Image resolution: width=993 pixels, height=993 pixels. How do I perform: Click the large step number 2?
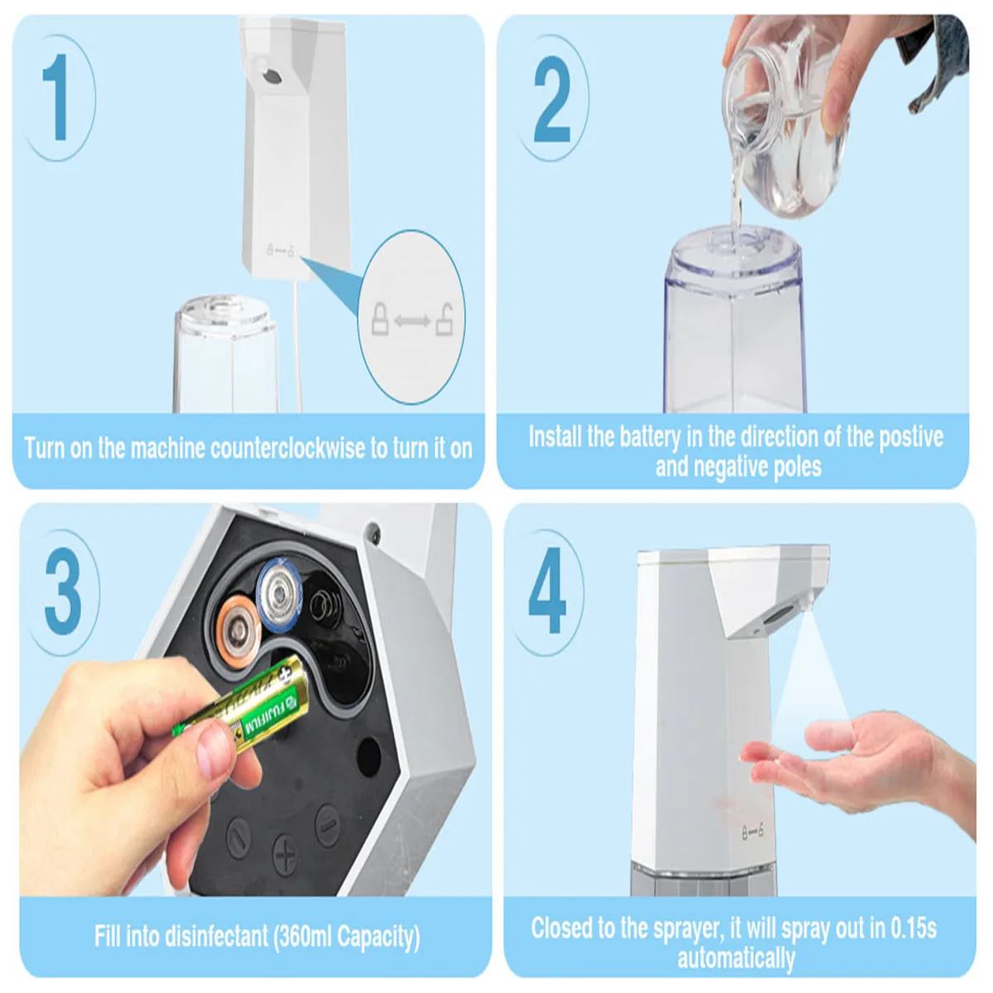pos(552,99)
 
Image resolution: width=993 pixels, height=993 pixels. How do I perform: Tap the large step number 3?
pos(63,591)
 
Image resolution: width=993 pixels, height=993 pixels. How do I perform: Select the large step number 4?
pos(547,590)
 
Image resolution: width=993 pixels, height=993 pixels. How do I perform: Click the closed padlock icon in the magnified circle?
pos(380,319)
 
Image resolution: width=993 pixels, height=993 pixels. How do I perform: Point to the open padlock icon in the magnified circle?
pos(444,320)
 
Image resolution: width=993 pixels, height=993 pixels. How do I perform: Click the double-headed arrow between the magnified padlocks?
pos(412,322)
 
